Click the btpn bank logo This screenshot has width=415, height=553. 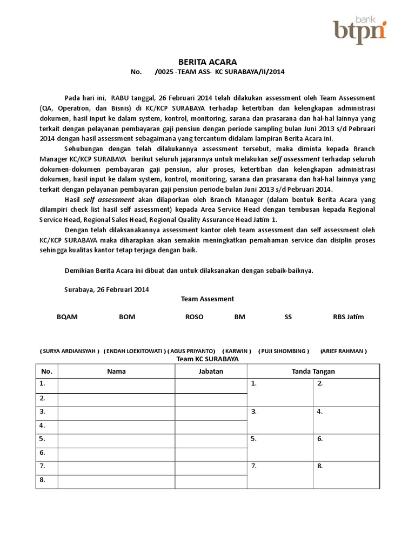tap(359, 29)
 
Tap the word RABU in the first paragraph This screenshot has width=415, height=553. tap(121, 98)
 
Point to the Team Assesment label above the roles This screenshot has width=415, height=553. tap(207, 299)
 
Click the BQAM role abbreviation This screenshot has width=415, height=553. tap(68, 317)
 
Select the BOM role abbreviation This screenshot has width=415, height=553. tap(127, 317)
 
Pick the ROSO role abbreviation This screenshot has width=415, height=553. tap(195, 317)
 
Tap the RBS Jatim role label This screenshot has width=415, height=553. tap(348, 317)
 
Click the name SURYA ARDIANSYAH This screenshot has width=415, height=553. tap(70, 351)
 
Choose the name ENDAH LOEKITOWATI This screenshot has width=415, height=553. tap(135, 351)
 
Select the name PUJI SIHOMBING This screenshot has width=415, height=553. tap(284, 351)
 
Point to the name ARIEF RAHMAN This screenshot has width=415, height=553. tap(344, 351)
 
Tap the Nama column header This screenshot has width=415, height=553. tap(116, 371)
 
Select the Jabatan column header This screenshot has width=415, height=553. tap(211, 371)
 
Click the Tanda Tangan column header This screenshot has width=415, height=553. tap(313, 371)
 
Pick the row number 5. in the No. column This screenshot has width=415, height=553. tap(42, 439)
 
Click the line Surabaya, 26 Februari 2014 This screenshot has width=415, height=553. tap(106, 289)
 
